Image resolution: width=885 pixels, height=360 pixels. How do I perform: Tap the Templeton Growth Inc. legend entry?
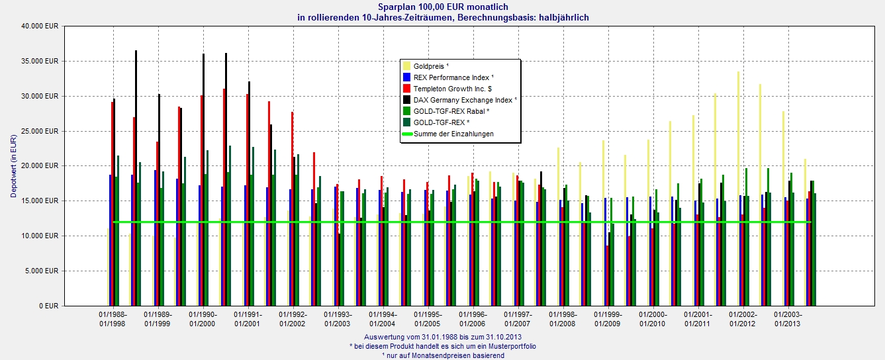(x=453, y=89)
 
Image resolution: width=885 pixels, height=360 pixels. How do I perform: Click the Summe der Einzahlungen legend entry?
(x=453, y=134)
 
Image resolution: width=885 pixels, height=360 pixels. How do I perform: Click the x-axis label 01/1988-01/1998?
(x=113, y=319)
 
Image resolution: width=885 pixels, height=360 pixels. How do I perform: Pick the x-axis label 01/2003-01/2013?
(x=788, y=319)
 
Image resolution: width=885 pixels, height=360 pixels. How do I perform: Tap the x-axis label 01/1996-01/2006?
(x=473, y=319)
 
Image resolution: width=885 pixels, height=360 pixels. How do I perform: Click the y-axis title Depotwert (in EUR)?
(x=13, y=166)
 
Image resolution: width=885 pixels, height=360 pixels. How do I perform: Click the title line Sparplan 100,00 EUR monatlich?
(x=443, y=7)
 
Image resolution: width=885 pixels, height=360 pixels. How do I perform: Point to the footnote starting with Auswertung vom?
(x=443, y=337)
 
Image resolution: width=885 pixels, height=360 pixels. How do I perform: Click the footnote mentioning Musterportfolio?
(x=443, y=346)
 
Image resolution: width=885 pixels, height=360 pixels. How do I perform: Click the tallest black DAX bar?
(x=136, y=178)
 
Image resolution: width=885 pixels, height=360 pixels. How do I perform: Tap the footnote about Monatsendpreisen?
(x=443, y=355)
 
